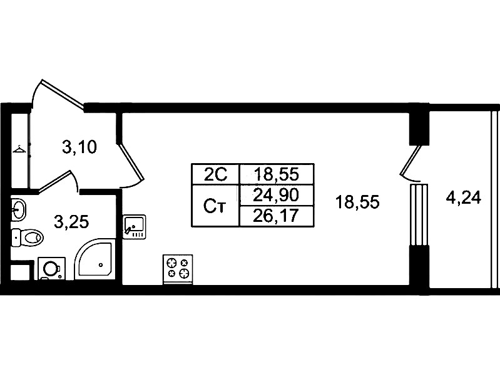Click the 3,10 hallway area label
coord(79,147)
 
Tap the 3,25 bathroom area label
coord(71,222)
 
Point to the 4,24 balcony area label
coord(463,199)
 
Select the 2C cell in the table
coord(215,174)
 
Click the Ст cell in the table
coord(215,206)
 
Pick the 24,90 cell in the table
coord(276,195)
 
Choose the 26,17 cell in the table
coord(276,216)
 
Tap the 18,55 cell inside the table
coord(276,174)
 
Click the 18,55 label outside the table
coord(357,202)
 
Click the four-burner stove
coord(178,269)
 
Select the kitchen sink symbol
coord(135,226)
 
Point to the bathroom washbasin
coord(18,209)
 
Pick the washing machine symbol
coord(51,269)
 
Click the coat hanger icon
coord(19,149)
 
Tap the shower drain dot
coord(101,265)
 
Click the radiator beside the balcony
coord(419,215)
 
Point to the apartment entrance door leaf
coord(62,92)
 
